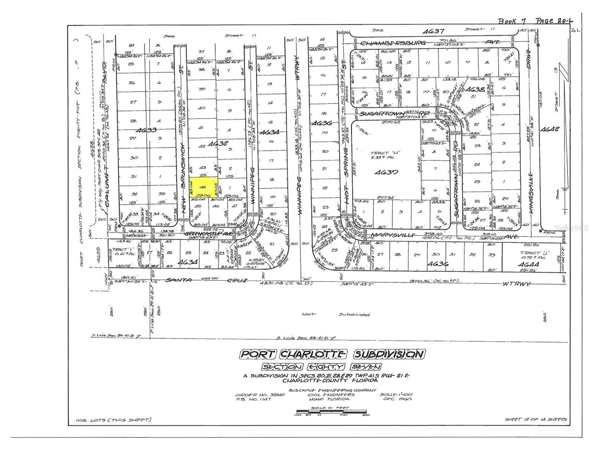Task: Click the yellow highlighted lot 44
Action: coord(203,187)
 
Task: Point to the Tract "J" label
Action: coord(530,253)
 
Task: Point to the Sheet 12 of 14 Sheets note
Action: coord(535,419)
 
